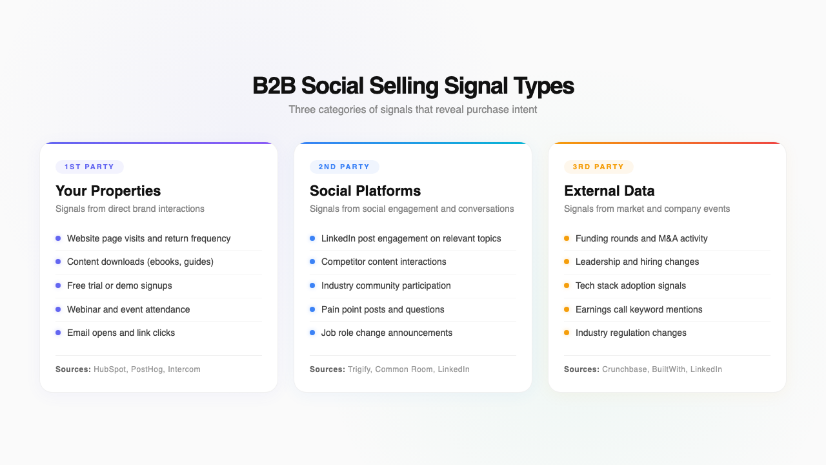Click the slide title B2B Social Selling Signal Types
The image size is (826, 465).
pos(413,86)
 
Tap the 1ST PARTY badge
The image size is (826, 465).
pos(89,167)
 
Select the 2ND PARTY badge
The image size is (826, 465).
pos(344,167)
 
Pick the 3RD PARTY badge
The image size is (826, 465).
pos(598,167)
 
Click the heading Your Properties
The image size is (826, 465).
pos(108,191)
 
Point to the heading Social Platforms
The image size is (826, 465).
pos(365,191)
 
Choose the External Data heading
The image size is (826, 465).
pos(609,191)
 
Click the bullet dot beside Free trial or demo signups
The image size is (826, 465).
pos(58,285)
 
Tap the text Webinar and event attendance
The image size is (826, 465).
pos(128,309)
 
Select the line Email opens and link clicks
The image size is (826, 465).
pos(121,333)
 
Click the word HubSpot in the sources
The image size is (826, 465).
pos(110,369)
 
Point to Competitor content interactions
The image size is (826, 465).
pos(383,262)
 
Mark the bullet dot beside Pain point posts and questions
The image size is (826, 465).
pos(312,309)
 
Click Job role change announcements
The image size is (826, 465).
pos(387,333)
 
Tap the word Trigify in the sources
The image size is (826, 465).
pos(359,369)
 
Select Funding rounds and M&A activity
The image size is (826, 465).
pos(641,238)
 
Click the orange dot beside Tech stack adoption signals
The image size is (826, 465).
pos(567,285)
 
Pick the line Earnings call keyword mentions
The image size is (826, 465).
pos(639,309)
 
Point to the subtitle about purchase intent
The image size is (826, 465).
pos(413,110)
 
